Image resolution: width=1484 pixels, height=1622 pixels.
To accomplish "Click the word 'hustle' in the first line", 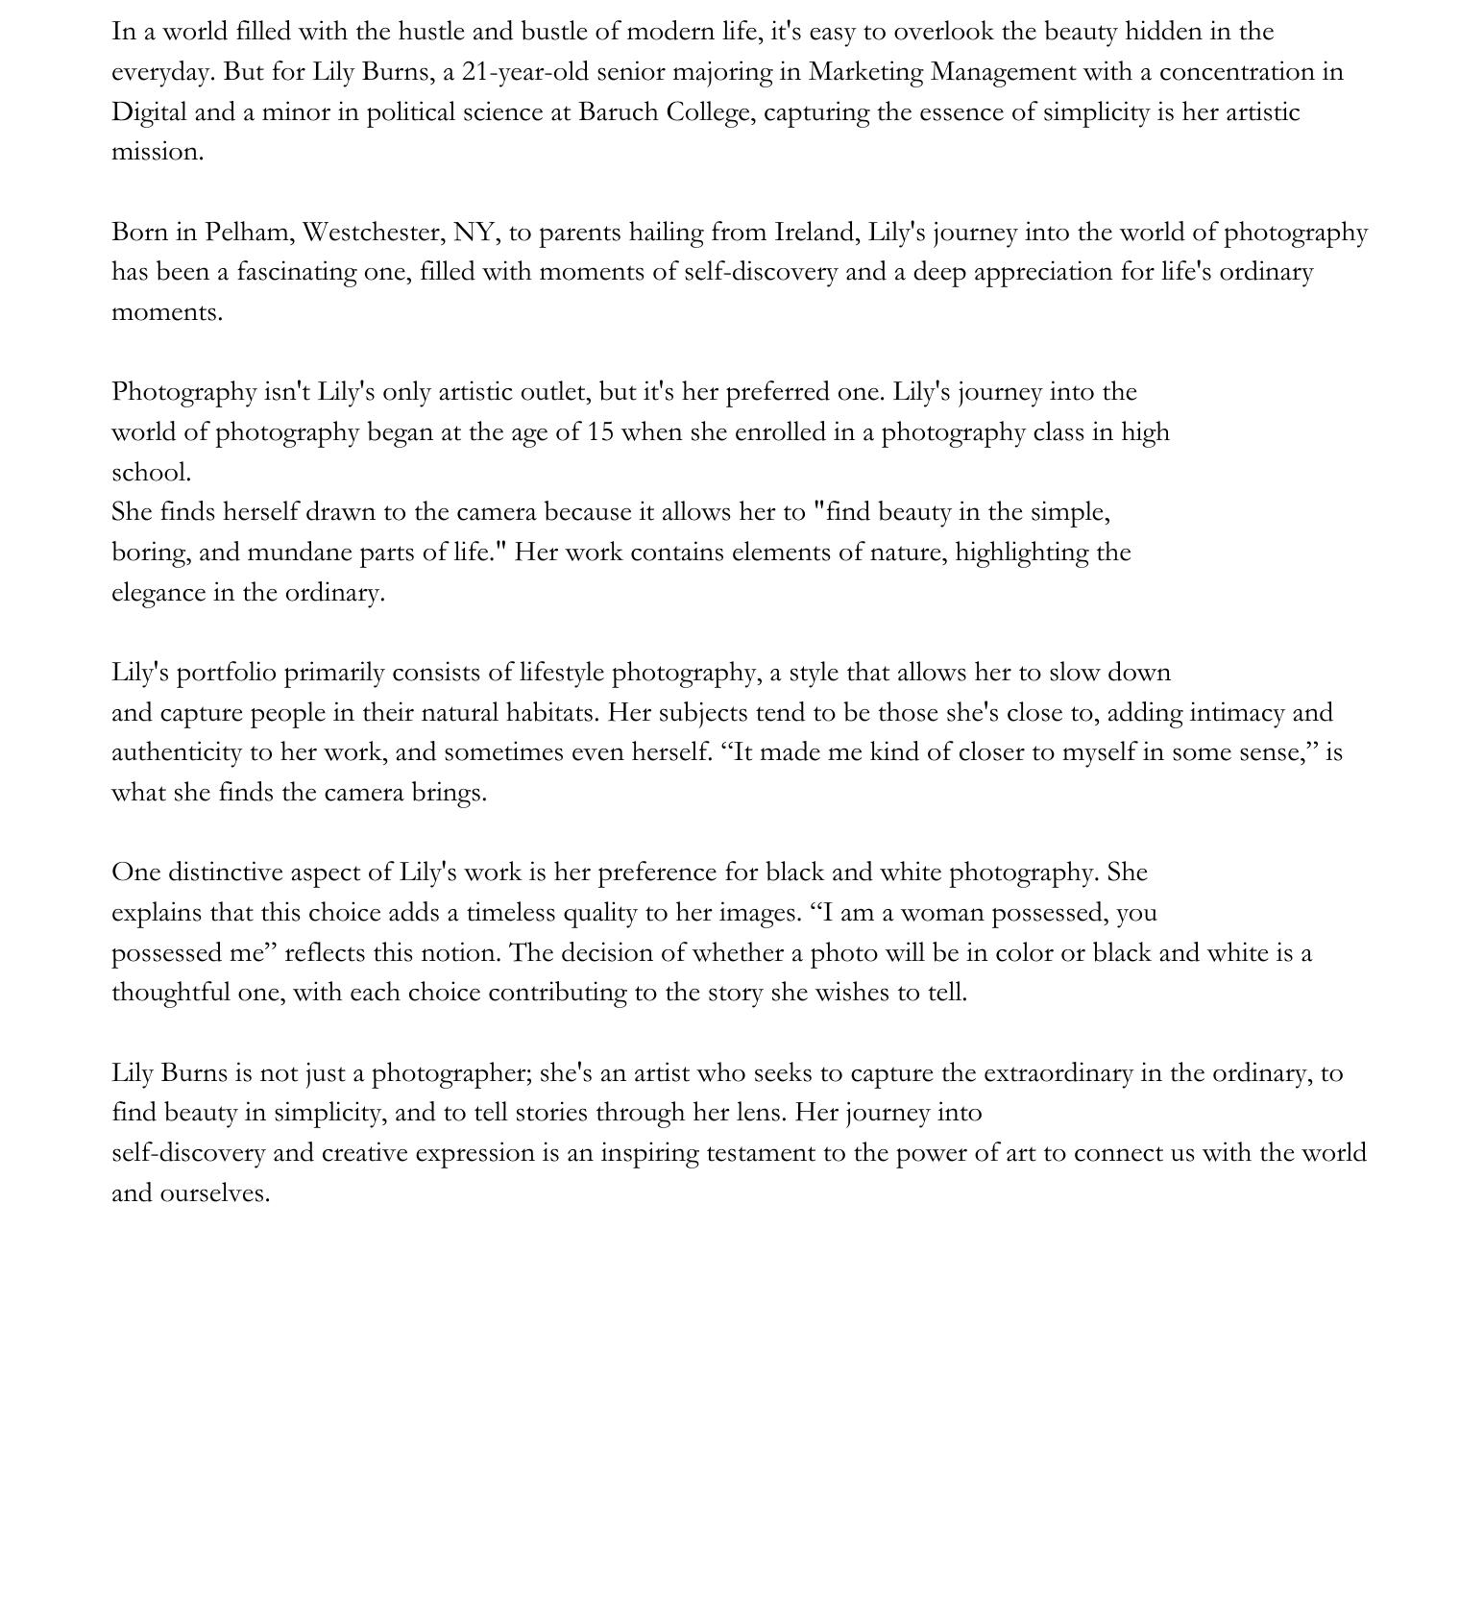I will (x=431, y=32).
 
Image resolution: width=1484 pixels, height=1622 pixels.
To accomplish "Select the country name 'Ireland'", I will (x=816, y=233).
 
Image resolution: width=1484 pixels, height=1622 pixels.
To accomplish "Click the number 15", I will (x=600, y=432).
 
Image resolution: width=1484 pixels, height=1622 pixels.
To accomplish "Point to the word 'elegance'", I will (x=158, y=593).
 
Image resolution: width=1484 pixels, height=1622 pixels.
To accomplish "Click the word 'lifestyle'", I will (x=561, y=673).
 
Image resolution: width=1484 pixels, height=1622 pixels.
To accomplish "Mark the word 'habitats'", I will (x=552, y=713).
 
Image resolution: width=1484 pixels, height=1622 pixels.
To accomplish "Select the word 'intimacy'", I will (x=1236, y=713).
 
